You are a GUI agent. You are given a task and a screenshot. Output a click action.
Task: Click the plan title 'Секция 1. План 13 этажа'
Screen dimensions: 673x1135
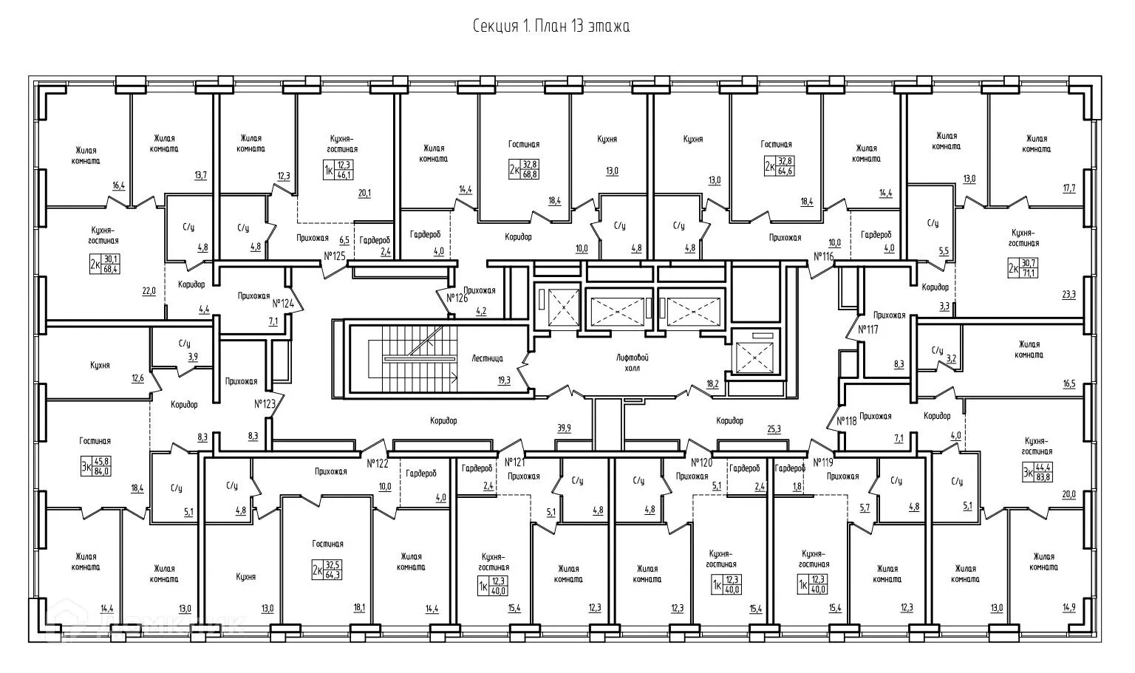click(551, 27)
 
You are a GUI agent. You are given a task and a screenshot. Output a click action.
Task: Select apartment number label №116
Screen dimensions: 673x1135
click(823, 256)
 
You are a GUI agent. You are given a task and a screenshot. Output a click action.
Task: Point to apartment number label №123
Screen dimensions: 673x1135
click(265, 404)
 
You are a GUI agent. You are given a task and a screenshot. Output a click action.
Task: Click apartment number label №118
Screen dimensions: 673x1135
click(846, 421)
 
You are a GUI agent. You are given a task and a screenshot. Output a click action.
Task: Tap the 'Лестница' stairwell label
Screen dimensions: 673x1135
click(487, 358)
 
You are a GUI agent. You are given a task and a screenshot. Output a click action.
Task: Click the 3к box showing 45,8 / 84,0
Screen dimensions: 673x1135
click(96, 466)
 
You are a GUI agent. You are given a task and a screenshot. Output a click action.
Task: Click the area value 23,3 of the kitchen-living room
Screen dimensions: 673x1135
click(1068, 294)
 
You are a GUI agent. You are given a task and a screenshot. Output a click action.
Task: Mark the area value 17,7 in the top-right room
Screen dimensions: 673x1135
click(1068, 188)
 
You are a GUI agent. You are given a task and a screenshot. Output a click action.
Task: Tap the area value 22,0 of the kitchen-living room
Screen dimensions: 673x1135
click(149, 291)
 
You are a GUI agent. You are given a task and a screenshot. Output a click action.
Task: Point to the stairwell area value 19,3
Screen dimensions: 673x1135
click(503, 380)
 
